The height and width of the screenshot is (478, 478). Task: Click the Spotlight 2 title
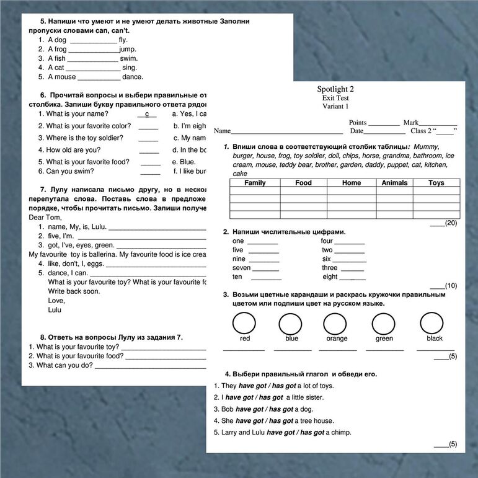pos(335,89)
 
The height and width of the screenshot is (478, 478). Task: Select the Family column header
pos(255,183)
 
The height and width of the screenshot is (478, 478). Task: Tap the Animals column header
pos(394,183)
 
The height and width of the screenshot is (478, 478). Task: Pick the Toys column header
pos(436,183)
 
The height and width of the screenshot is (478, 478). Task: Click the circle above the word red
pos(244,324)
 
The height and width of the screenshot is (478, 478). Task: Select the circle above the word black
pos(432,324)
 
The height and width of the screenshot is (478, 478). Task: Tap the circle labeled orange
pos(335,324)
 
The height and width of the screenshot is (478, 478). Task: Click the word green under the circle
pos(384,339)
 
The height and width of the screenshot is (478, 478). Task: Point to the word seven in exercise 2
pos(242,268)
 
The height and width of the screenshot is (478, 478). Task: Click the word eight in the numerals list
pos(330,277)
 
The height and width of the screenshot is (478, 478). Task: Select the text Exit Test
pos(335,98)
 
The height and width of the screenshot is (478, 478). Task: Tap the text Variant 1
pos(335,106)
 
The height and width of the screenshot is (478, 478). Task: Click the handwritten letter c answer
pos(147,114)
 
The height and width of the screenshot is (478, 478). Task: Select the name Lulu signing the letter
pos(55,309)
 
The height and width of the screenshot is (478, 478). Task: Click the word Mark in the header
pos(411,123)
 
